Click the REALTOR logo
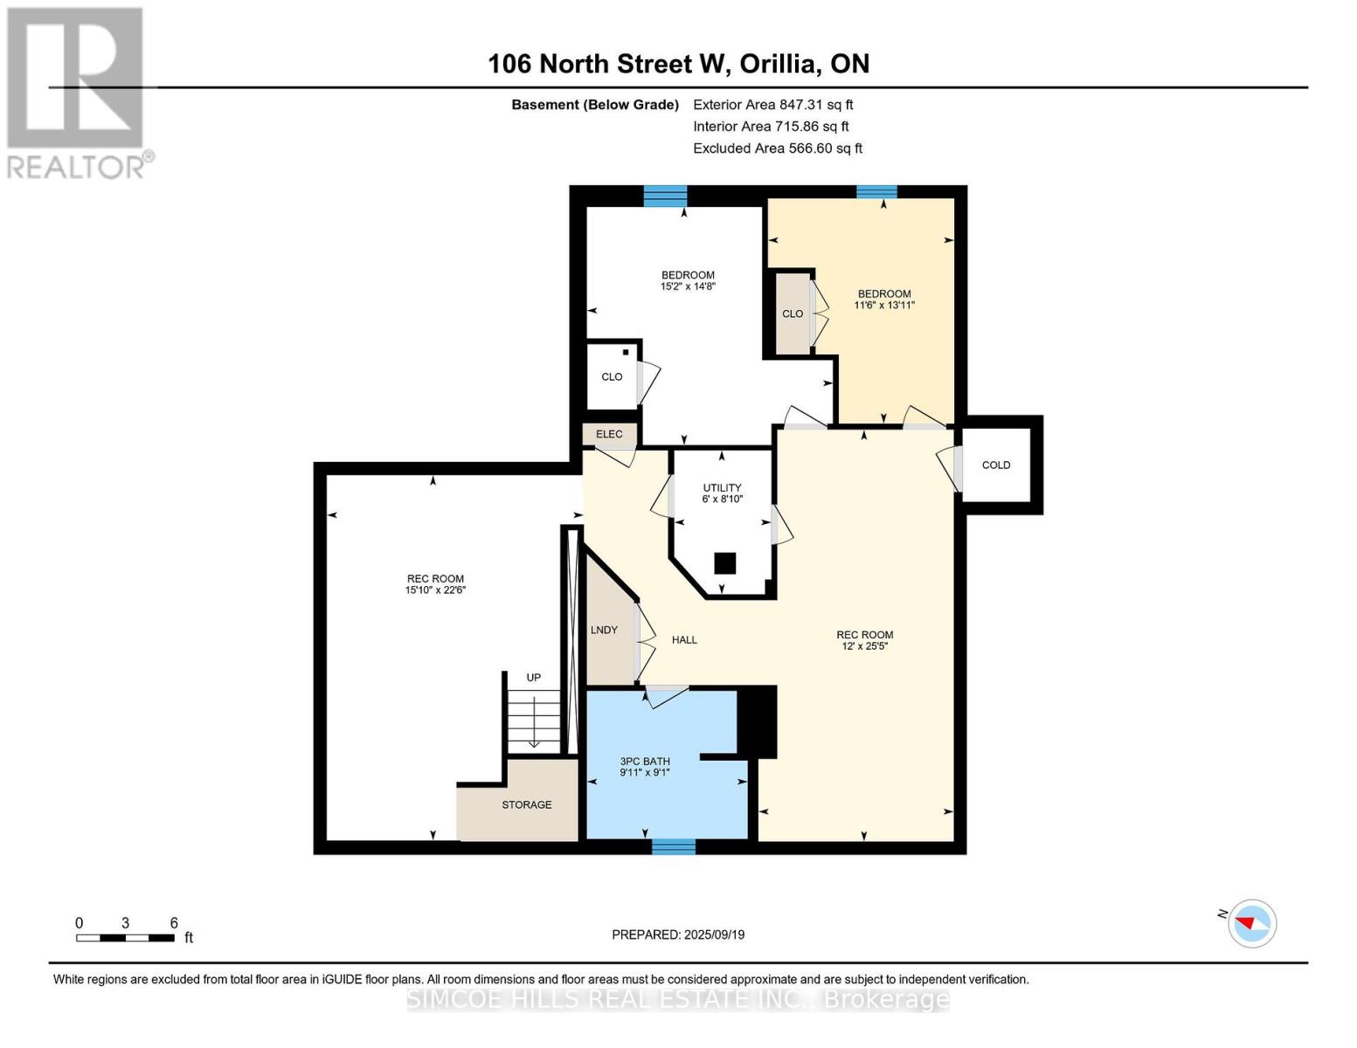point(77,92)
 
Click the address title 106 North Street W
point(678,64)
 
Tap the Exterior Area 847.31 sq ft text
point(772,105)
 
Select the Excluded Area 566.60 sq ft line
point(777,148)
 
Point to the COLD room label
point(995,465)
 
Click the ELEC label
point(609,434)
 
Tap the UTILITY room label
point(722,488)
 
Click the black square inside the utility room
point(724,563)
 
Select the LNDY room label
point(604,630)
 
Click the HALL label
point(684,640)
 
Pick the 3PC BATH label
point(644,762)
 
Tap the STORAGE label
point(526,804)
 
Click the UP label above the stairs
point(533,678)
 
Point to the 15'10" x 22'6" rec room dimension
point(435,590)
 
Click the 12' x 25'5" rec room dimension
point(864,646)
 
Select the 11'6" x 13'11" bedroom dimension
point(884,306)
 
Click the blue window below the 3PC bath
point(674,845)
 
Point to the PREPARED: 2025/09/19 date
point(678,934)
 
